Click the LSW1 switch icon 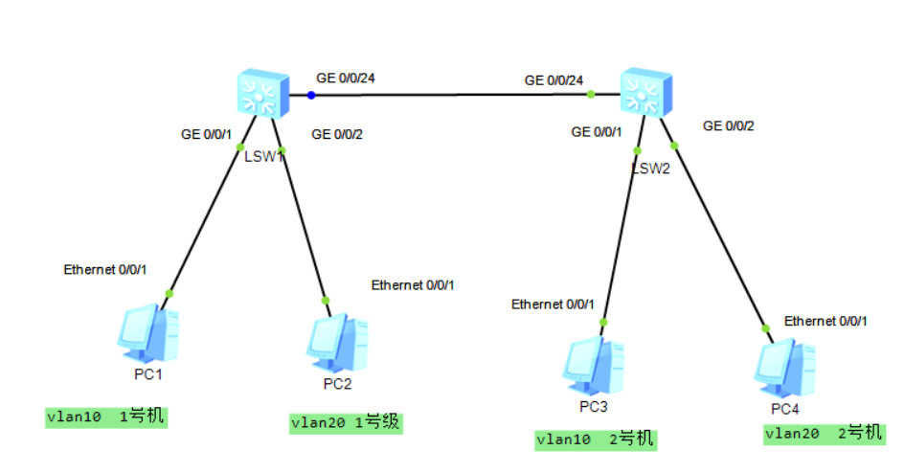point(261,94)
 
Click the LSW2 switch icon point(645,93)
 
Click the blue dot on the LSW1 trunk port point(310,95)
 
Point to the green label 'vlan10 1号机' point(105,417)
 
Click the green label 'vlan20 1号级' point(347,422)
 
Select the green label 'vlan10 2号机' point(596,439)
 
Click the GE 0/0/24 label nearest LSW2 point(553,79)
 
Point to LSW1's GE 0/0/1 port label point(207,134)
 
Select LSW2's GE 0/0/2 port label point(729,125)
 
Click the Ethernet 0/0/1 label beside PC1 point(104,270)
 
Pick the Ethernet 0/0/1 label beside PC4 point(825,321)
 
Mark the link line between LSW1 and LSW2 point(450,95)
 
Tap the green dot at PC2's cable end point(326,301)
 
